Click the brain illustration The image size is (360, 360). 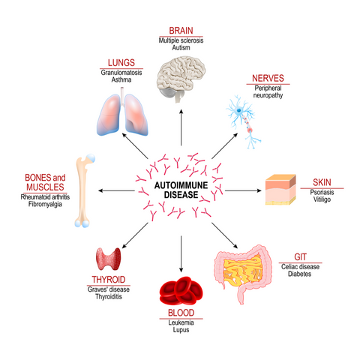[181, 78]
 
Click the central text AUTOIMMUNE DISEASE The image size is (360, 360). [180, 187]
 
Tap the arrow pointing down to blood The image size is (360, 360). [180, 255]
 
